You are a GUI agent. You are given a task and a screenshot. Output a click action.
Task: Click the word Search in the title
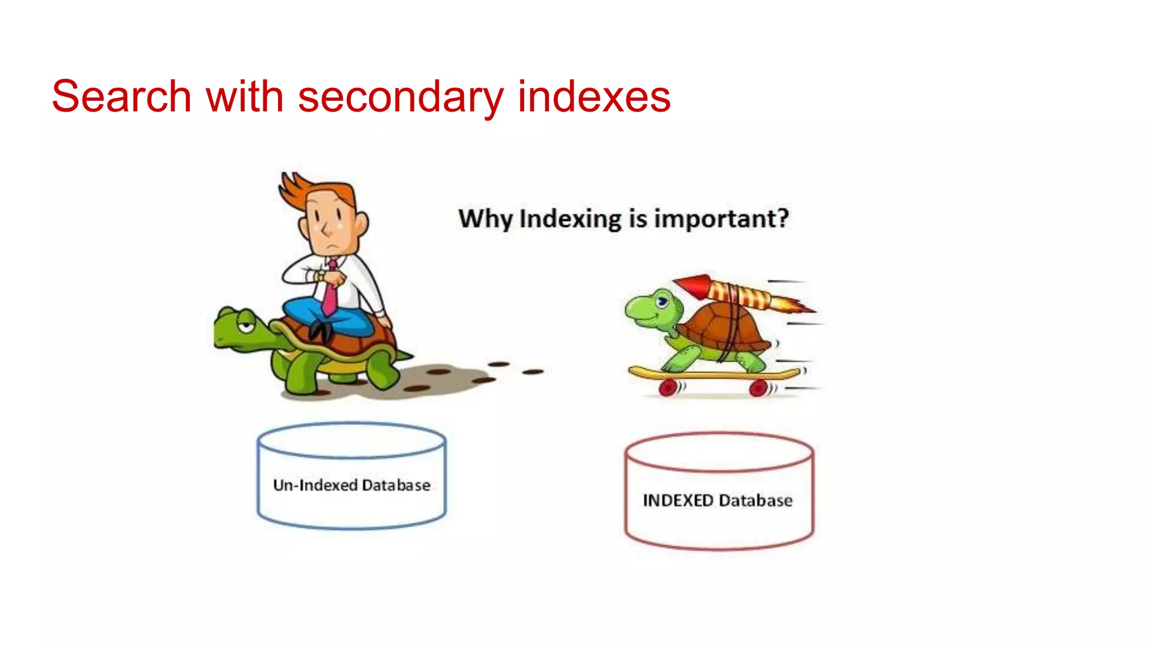coord(121,97)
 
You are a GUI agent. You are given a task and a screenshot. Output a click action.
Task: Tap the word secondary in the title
coord(400,97)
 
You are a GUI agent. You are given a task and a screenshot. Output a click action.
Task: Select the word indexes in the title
coord(594,97)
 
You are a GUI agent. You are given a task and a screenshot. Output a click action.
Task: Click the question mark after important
coord(782,218)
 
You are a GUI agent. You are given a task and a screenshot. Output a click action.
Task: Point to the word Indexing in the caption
coord(570,219)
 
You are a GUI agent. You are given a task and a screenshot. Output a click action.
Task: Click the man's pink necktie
coord(330,293)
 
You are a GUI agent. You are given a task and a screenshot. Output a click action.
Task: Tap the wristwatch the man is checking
coord(320,277)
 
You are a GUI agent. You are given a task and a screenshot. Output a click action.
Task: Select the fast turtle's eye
coord(663,302)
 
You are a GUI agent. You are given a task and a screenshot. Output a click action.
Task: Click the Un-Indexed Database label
coord(351,485)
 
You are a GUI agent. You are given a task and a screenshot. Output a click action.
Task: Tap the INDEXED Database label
coord(718,500)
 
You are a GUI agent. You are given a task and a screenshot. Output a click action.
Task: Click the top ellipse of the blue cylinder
coord(351,441)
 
